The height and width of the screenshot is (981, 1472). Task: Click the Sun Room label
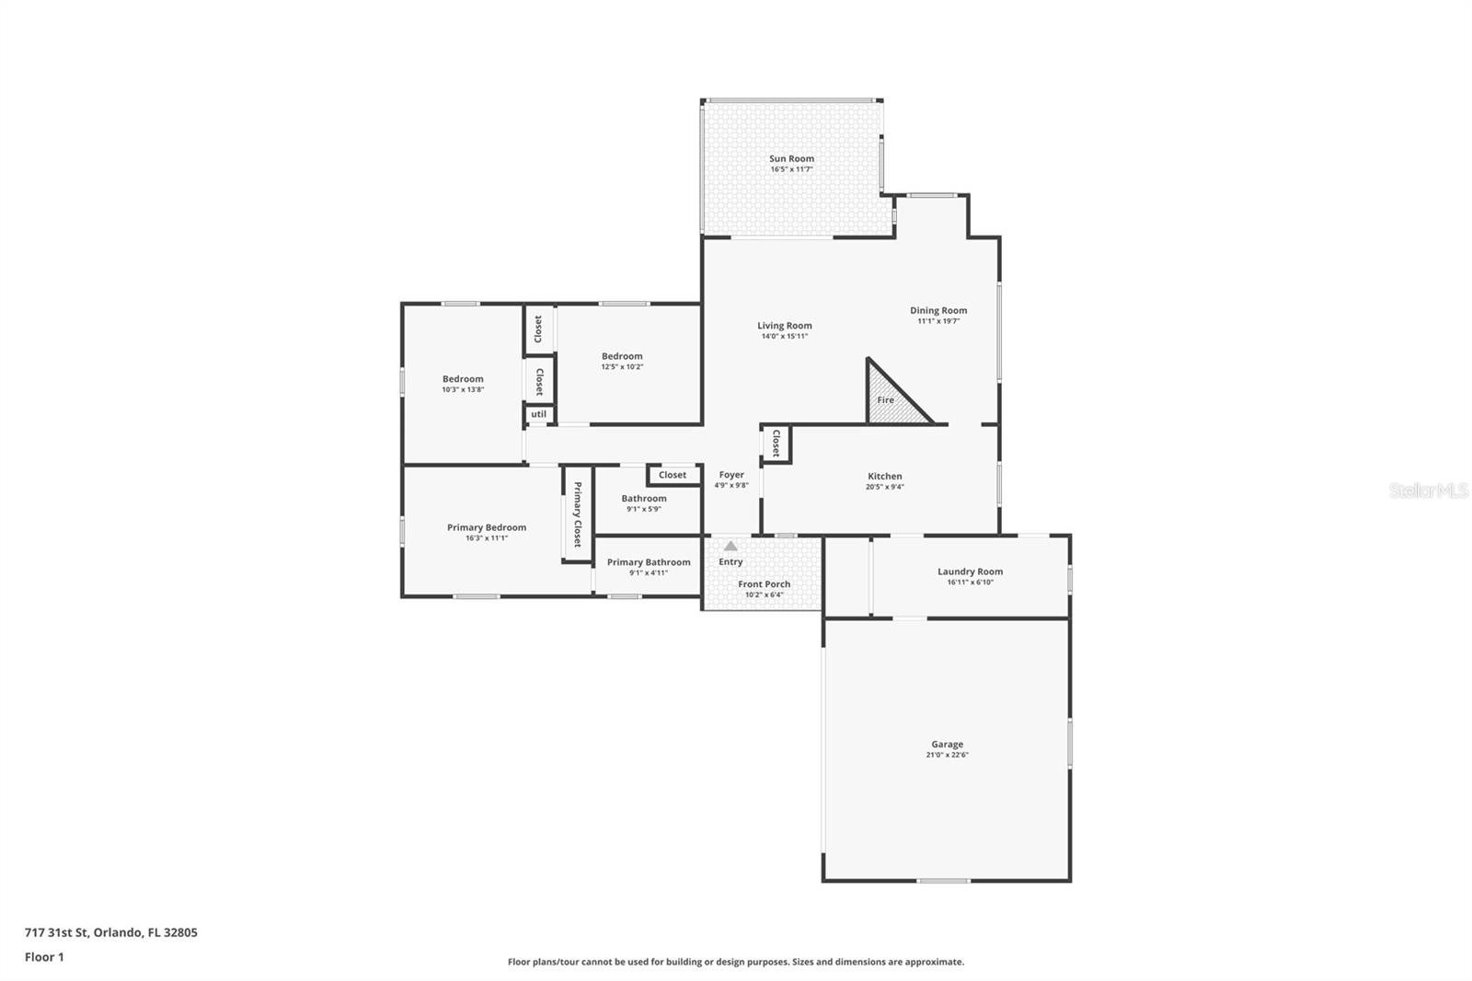[x=791, y=158]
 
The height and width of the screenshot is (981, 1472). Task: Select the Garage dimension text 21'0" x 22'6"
[x=947, y=756]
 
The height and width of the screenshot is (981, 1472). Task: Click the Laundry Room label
[x=970, y=571]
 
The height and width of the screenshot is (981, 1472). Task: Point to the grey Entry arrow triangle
[x=730, y=546]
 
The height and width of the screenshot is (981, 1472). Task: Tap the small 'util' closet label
[x=538, y=414]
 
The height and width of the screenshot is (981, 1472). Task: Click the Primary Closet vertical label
[x=577, y=514]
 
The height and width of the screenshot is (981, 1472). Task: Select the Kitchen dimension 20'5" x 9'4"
[x=884, y=487]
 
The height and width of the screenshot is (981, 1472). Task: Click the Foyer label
[x=731, y=475]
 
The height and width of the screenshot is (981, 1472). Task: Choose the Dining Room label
[x=938, y=310]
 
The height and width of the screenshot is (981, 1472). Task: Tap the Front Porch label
[x=764, y=584]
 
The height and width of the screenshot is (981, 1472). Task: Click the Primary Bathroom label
[x=648, y=562]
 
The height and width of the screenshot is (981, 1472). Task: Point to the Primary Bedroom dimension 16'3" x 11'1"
[x=486, y=538]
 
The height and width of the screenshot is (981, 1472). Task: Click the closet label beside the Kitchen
[x=776, y=443]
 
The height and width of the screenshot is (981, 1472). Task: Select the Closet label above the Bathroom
[x=672, y=475]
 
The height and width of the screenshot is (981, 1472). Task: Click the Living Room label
[x=784, y=325]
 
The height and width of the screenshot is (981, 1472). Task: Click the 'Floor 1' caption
[x=44, y=957]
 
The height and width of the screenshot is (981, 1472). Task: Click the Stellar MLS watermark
[x=1428, y=490]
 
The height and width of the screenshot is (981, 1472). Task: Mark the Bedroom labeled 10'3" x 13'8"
[x=462, y=379]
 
